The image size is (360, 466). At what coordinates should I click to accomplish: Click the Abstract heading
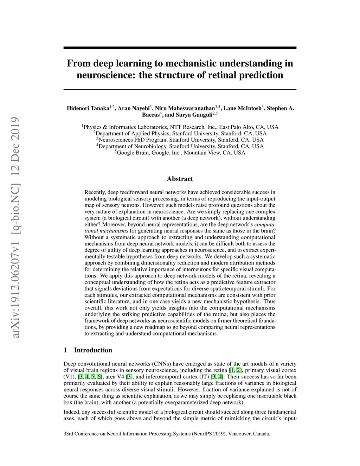180,179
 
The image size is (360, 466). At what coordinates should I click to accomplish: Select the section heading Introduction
93,350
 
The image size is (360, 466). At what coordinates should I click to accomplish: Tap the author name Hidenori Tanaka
88,108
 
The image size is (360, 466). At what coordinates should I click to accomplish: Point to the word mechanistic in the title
191,64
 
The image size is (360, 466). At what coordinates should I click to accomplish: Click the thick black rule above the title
180,47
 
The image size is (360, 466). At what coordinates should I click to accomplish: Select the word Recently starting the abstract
95,192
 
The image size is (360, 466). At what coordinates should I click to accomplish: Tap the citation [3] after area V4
129,377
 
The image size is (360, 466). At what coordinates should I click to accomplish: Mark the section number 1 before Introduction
65,350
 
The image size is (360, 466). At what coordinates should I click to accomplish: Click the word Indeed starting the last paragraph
71,412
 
